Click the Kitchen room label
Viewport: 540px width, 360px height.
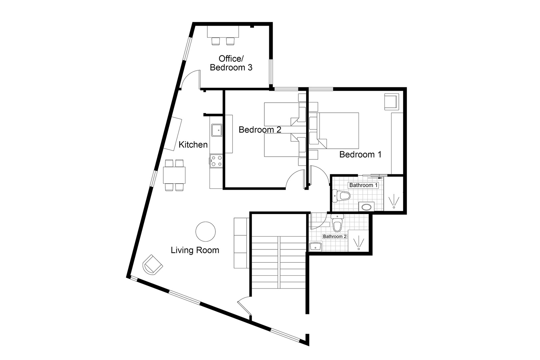click(x=193, y=145)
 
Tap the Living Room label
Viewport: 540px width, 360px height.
click(x=195, y=250)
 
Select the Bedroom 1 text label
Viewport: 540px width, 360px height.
click(x=360, y=155)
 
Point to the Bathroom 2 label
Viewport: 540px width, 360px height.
click(x=335, y=237)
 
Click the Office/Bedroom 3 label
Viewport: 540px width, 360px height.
click(x=231, y=63)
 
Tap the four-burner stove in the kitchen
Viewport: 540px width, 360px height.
click(x=216, y=161)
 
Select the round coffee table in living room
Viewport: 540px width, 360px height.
click(x=205, y=231)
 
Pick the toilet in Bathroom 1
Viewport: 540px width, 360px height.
click(x=341, y=196)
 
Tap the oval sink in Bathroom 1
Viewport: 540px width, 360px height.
click(x=366, y=207)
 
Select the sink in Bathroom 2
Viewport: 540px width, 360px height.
click(x=315, y=246)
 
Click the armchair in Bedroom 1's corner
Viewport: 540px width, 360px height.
click(x=391, y=101)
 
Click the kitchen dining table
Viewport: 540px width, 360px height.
click(x=174, y=175)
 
